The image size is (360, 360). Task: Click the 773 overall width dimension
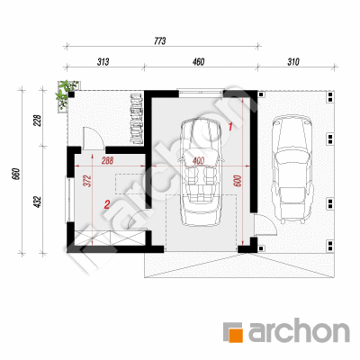click(x=160, y=41)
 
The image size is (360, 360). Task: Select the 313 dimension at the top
click(x=103, y=62)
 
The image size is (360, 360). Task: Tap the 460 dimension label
click(x=199, y=62)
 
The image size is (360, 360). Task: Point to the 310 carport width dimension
click(x=293, y=62)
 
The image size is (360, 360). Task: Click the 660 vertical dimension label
click(x=16, y=174)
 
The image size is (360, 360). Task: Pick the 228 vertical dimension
click(x=38, y=121)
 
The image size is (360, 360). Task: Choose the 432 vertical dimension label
click(x=38, y=202)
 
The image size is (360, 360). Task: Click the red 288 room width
click(x=107, y=160)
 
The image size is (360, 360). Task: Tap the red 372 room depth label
click(x=88, y=181)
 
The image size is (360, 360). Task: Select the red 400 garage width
click(x=198, y=161)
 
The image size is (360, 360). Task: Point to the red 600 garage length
click(x=238, y=181)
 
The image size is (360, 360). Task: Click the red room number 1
click(x=230, y=127)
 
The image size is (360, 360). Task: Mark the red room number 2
click(x=106, y=205)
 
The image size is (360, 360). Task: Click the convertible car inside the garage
click(x=201, y=173)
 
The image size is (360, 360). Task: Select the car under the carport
click(x=292, y=170)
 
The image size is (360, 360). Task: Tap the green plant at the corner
click(x=67, y=94)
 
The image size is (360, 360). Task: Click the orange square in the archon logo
click(x=236, y=335)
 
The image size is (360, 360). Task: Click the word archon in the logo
click(x=299, y=331)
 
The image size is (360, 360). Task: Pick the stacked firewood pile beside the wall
click(x=137, y=119)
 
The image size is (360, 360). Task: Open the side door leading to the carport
click(x=265, y=224)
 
